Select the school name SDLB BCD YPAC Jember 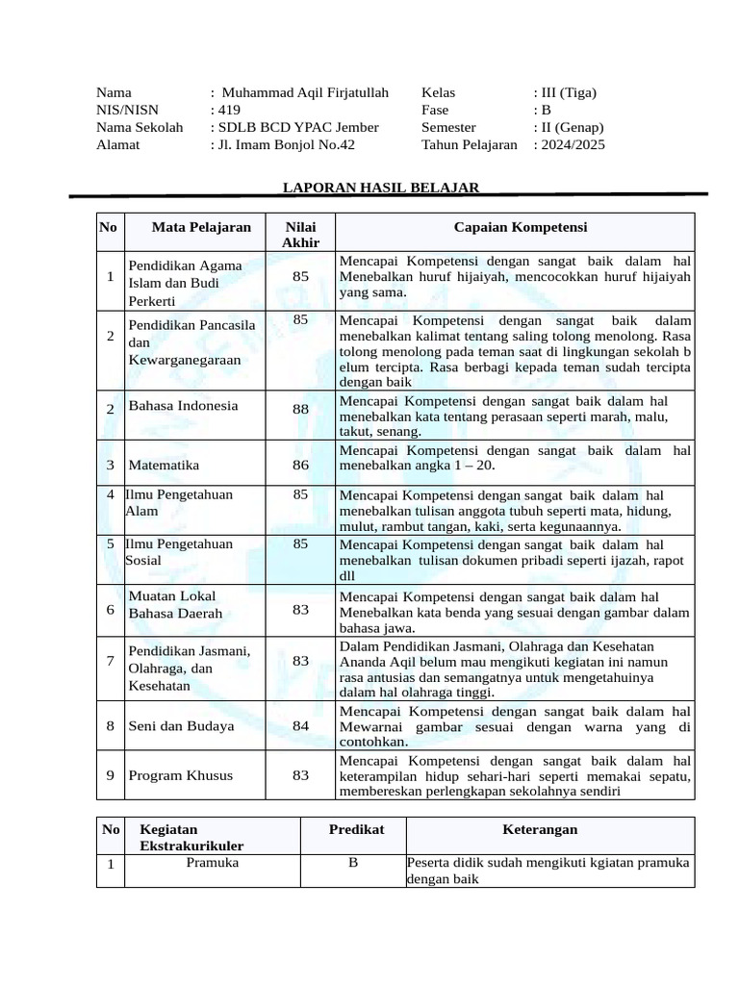pyautogui.click(x=297, y=128)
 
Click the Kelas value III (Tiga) pyautogui.click(x=568, y=93)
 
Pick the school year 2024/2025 pyautogui.click(x=572, y=145)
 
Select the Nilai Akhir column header pyautogui.click(x=300, y=234)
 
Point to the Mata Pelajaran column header pyautogui.click(x=201, y=227)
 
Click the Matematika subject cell pyautogui.click(x=165, y=466)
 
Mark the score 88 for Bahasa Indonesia pyautogui.click(x=301, y=409)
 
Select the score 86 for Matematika pyautogui.click(x=301, y=466)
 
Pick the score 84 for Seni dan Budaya pyautogui.click(x=301, y=726)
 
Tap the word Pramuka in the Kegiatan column pyautogui.click(x=213, y=864)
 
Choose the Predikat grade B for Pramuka pyautogui.click(x=353, y=864)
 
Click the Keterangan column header pyautogui.click(x=541, y=829)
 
